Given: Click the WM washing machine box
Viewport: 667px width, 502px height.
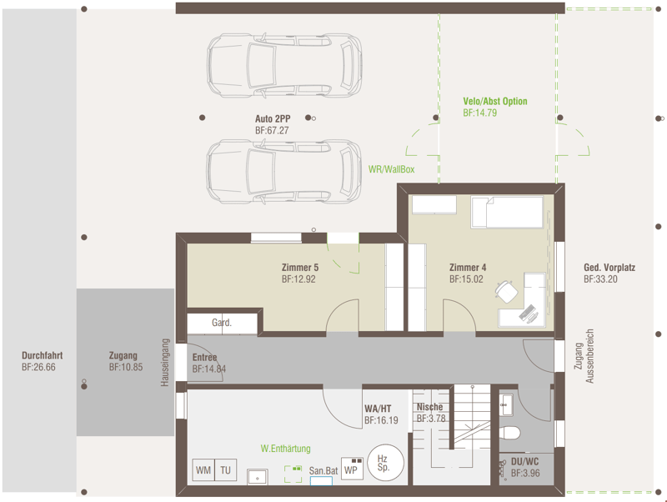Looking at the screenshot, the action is pos(203,470).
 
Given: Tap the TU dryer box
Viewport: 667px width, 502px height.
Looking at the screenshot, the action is pos(225,470).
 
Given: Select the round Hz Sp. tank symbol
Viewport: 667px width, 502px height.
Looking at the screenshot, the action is pos(385,463).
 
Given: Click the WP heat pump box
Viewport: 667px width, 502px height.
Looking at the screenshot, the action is pos(352,469).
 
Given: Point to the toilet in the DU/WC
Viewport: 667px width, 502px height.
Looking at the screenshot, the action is pos(510,434).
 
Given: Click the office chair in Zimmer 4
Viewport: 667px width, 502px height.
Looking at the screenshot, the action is pos(507,292).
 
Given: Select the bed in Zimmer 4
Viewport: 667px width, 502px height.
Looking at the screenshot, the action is pos(507,212).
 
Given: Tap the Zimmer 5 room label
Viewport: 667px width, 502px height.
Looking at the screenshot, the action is pos(300,268).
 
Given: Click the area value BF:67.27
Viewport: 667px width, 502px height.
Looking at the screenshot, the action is pos(272,131).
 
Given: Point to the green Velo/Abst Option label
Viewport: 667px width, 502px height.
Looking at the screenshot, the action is pos(495,101).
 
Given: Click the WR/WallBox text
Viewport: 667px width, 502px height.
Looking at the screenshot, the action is pos(391,169).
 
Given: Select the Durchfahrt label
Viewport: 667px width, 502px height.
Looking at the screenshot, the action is pos(43,356).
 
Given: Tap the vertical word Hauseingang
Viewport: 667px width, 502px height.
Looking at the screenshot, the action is pos(165,363).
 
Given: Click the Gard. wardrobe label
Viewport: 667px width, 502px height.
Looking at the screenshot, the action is pos(222,323).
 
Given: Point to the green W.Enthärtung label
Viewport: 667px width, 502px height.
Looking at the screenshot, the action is pos(285,449).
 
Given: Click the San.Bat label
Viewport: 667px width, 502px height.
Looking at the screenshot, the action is pos(323,470).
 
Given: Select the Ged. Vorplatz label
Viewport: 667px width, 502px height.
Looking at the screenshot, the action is pos(609,268).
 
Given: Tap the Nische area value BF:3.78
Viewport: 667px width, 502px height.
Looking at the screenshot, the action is pos(431,419).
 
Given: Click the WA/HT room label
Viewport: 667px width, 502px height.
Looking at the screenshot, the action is pos(378,409).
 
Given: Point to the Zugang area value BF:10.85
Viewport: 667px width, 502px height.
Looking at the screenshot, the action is pos(126,367).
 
